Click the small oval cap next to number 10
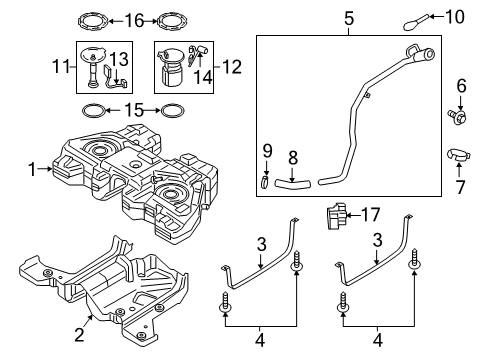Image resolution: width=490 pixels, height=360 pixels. coord(415,18)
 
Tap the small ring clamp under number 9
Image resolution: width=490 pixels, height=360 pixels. coord(265,181)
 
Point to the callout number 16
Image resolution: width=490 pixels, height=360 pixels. coord(134,19)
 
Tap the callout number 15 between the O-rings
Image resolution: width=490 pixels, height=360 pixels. coord(133,109)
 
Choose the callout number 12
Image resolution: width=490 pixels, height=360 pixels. coord(231,69)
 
